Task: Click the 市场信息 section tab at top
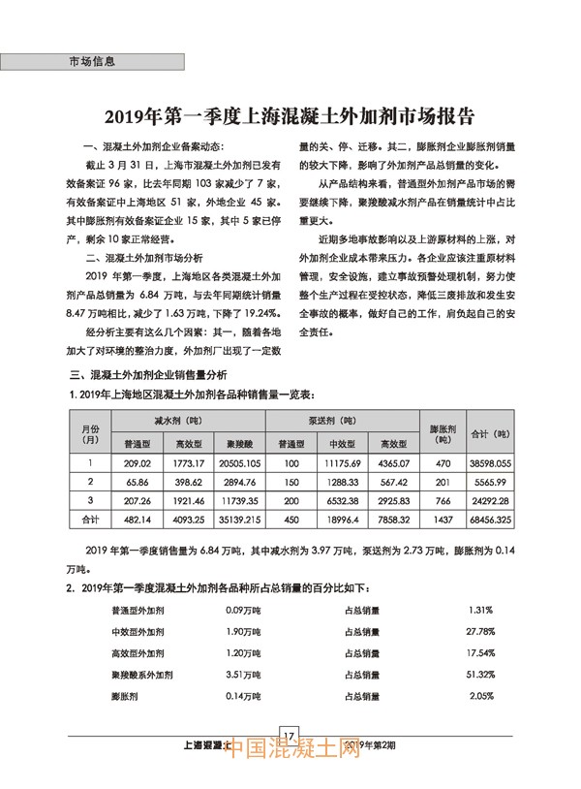pyautogui.click(x=93, y=61)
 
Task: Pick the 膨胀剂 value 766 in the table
pyautogui.click(x=443, y=500)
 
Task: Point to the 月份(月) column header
pyautogui.click(x=89, y=432)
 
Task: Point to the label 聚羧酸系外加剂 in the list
pyautogui.click(x=144, y=673)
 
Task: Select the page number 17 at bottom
pyautogui.click(x=290, y=733)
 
